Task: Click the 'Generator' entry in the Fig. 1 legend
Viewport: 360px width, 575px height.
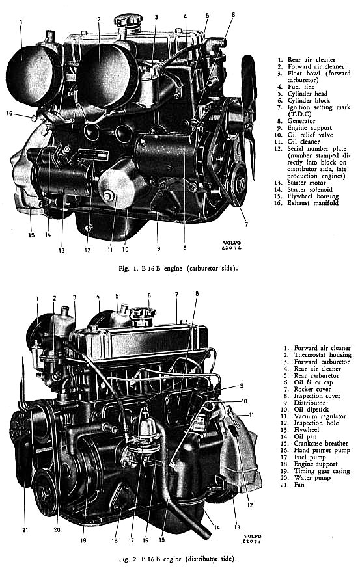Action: [301, 121]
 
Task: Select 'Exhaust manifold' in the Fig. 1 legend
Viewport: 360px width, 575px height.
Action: [312, 203]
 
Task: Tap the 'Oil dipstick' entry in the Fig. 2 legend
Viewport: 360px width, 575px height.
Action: [311, 409]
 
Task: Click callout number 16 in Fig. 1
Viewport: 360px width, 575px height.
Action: [9, 113]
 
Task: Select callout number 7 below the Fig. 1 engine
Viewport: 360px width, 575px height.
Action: [246, 224]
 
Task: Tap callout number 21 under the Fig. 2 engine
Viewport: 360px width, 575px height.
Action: [25, 529]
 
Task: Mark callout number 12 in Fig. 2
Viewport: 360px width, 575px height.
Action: [250, 505]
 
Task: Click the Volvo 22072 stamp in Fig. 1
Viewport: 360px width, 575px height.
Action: [232, 245]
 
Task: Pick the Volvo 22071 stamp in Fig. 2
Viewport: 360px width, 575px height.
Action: [252, 539]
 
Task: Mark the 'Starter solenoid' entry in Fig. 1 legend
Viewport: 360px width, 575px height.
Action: [310, 189]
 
